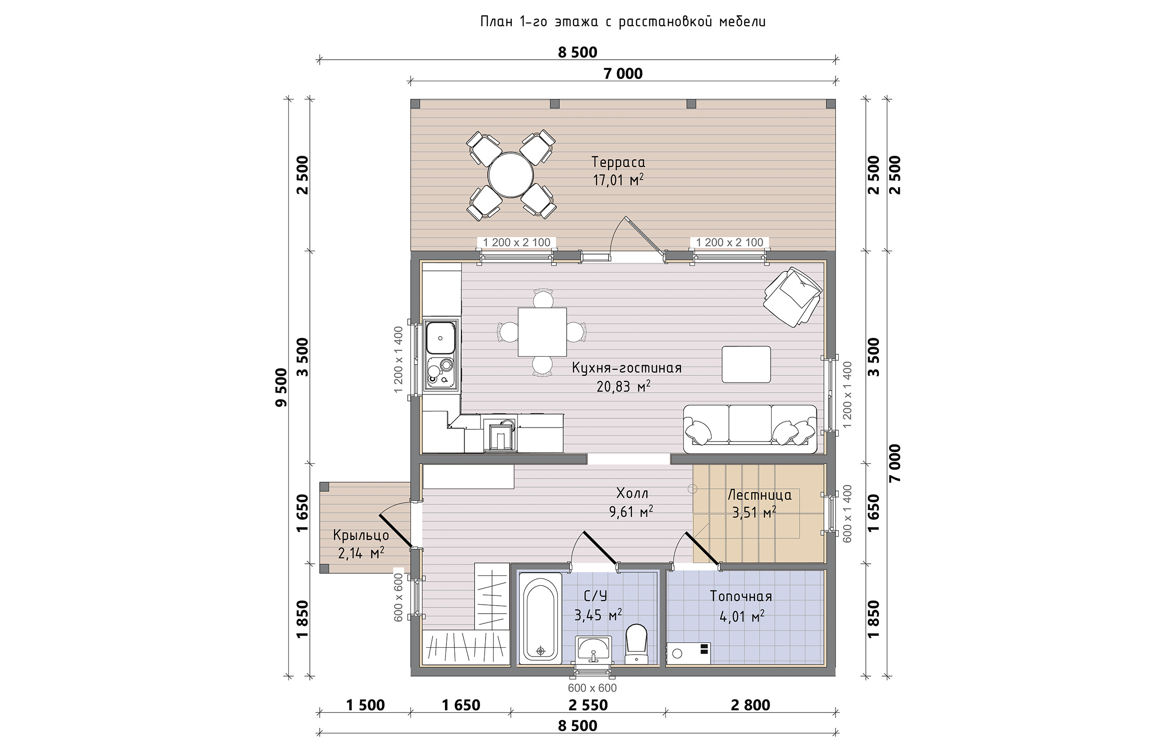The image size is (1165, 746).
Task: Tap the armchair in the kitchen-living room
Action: coord(793,297)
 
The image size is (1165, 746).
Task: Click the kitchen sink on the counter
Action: coord(102,337)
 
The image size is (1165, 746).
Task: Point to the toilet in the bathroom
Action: coord(637,644)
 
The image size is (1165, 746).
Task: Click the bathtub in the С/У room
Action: coord(540,618)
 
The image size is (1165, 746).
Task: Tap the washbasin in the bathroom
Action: coord(594,649)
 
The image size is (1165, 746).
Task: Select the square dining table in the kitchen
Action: coord(542,332)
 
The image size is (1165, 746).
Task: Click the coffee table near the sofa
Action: coord(747,364)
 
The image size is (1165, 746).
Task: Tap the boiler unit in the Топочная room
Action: coord(688,654)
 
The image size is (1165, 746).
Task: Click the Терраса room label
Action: coord(618,162)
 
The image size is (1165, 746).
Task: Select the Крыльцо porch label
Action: coord(361,536)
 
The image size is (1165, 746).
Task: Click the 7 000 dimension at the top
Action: coord(623,74)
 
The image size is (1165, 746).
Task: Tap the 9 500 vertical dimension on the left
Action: coord(281,387)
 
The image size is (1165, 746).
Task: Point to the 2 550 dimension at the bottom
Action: coord(588,705)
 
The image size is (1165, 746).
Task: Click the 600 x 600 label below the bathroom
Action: coord(592,688)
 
